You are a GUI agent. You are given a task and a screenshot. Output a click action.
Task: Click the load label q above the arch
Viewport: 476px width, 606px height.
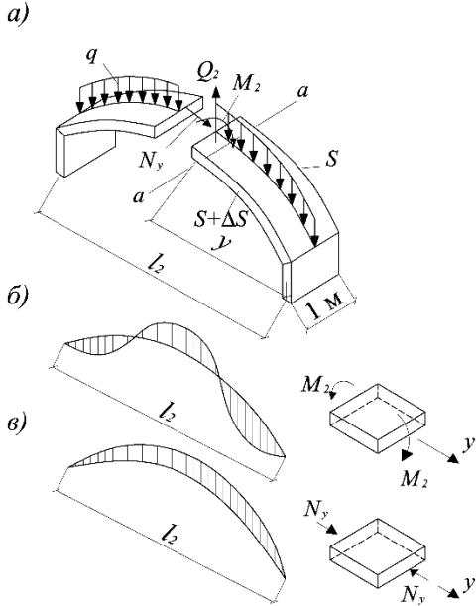tap(91, 58)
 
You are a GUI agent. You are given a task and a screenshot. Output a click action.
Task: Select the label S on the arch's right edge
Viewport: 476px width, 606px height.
tap(331, 160)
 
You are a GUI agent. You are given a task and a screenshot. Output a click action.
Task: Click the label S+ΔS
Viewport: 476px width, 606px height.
tap(220, 222)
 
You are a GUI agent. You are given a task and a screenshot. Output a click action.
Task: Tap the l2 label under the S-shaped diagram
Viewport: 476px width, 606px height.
tap(167, 412)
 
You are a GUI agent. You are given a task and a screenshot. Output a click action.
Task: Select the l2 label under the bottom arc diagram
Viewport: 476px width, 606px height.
tap(169, 535)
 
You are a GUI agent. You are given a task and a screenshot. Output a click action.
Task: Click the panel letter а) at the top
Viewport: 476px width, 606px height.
tap(19, 17)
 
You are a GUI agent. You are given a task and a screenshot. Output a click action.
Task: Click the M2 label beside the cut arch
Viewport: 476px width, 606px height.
tap(247, 84)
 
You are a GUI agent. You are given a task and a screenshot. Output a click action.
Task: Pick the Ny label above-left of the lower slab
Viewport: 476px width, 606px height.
tap(315, 510)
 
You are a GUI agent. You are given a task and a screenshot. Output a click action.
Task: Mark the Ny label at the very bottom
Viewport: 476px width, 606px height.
tap(413, 593)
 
